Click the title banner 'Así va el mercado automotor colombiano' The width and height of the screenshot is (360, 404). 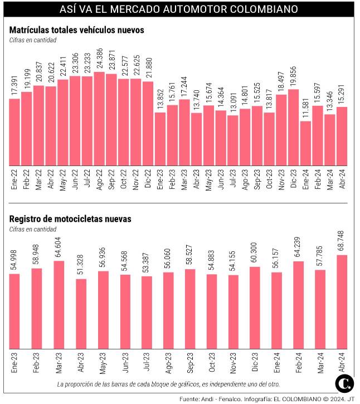point(179,9)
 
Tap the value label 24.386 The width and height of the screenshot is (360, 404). point(99,60)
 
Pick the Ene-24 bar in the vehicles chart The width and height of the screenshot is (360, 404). point(305,143)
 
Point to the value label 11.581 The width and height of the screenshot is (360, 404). point(305,109)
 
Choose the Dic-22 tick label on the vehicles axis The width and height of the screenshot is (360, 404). point(148,179)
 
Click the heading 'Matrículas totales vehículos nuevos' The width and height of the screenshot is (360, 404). point(77,30)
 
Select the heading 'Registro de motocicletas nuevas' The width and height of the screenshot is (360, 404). point(71,219)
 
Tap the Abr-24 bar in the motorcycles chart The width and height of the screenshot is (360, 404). point(342,300)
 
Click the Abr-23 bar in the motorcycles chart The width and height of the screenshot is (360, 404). point(81,312)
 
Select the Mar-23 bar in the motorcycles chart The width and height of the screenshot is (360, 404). point(59,303)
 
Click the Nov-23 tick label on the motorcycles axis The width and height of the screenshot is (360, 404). point(233,362)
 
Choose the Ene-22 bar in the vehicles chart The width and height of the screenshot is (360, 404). point(14,132)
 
